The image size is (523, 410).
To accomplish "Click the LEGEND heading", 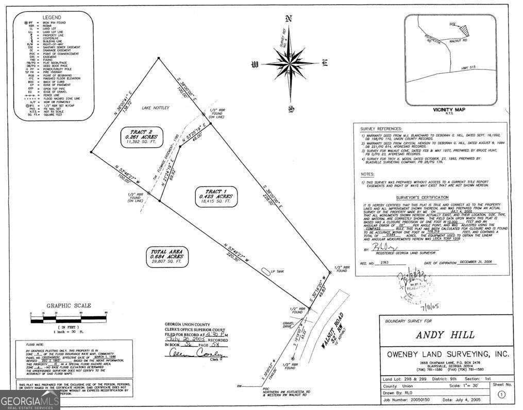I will click(52, 18).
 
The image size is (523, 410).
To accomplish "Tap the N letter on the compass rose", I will click(289, 20).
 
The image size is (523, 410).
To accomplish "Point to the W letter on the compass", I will click(254, 64).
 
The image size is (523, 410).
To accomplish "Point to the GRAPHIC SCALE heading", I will click(69, 305).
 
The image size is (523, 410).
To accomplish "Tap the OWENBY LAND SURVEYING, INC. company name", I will click(448, 354).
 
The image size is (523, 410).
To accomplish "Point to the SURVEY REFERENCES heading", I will click(382, 128).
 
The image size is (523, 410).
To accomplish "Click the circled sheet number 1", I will click(501, 396).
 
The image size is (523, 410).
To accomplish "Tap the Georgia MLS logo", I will click(30, 400).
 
